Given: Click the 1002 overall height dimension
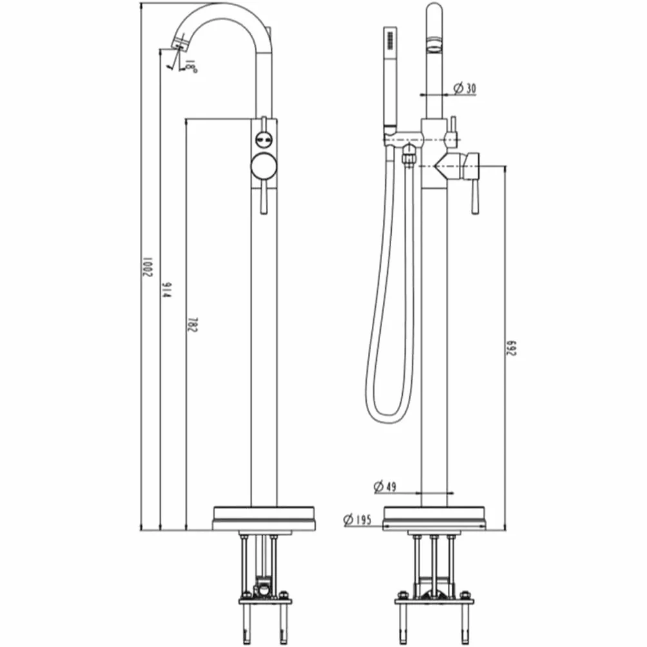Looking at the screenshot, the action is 148,267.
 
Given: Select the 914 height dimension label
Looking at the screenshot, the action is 166,291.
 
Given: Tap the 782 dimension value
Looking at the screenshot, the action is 193,325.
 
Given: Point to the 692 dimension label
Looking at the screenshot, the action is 511,348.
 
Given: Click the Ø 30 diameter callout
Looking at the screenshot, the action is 465,88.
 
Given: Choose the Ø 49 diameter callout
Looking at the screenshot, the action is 385,487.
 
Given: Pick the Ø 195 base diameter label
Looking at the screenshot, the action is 358,519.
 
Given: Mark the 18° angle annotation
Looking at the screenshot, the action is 190,66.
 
